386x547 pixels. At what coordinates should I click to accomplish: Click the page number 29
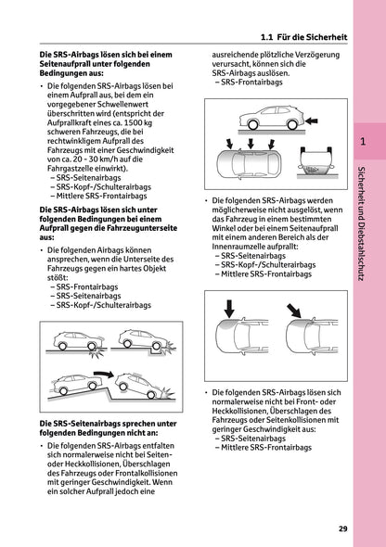[x=343, y=528]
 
